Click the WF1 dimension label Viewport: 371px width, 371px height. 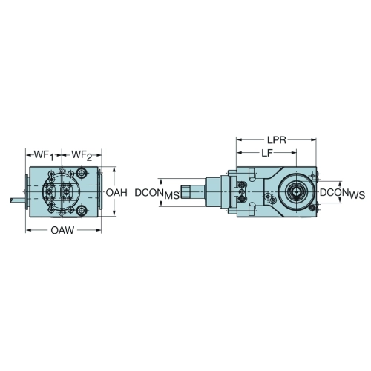point(44,156)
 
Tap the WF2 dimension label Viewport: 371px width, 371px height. point(82,156)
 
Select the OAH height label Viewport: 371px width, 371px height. point(116,193)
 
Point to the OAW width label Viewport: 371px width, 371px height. point(62,231)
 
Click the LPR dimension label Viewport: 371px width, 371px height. point(277,140)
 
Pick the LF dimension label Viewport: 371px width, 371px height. point(267,154)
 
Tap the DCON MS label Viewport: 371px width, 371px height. point(157,194)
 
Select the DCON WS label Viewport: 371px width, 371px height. point(342,194)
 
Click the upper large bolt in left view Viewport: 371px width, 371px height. point(82,173)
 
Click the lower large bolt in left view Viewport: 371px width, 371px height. point(82,211)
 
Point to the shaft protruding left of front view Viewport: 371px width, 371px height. point(18,200)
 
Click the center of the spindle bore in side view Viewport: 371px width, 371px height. point(296,191)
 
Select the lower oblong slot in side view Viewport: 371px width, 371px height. point(252,209)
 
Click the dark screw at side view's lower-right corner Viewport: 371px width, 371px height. point(312,208)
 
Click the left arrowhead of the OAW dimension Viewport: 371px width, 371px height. point(29,231)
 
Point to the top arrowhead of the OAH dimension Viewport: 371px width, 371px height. point(114,170)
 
